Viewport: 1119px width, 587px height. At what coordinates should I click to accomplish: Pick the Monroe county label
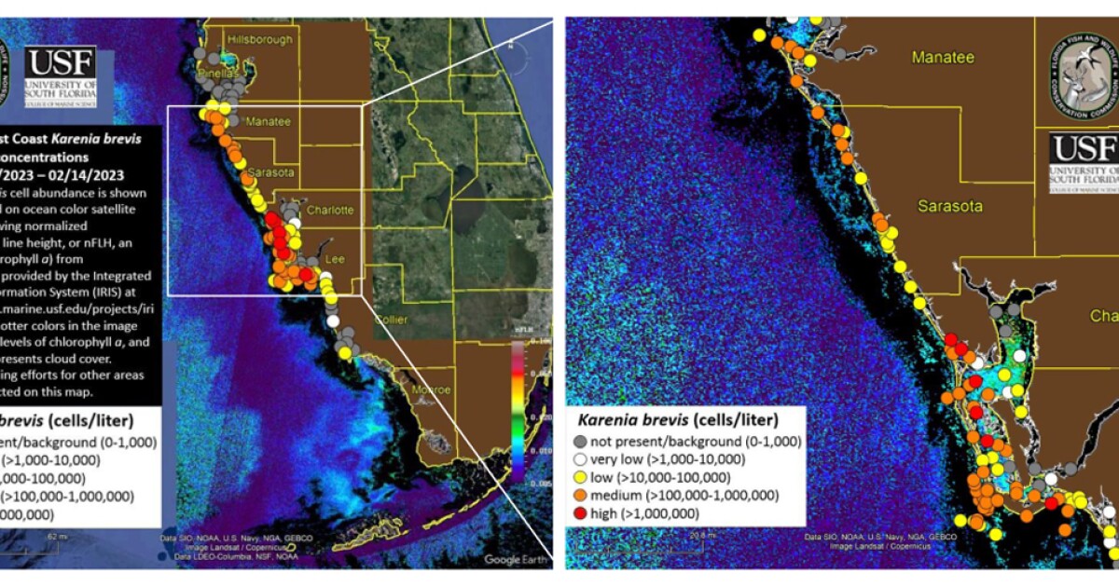click(432, 389)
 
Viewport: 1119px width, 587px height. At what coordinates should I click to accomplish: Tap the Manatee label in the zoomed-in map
click(943, 58)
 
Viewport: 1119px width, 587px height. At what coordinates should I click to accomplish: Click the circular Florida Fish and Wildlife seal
click(1083, 77)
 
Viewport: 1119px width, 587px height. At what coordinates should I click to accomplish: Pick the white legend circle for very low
click(580, 459)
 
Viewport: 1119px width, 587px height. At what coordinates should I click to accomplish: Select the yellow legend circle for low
click(580, 477)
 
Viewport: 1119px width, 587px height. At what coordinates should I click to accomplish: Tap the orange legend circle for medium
click(580, 495)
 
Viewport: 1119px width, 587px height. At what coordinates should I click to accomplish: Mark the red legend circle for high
click(580, 512)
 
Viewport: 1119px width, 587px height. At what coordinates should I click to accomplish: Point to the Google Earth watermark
click(514, 559)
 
